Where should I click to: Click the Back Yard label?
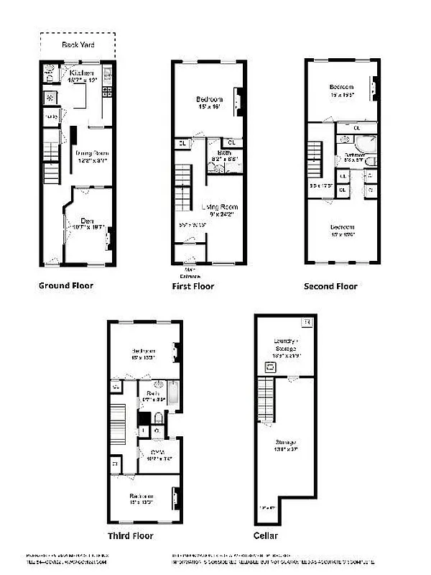click(x=78, y=44)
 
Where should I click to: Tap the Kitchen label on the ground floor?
click(x=79, y=73)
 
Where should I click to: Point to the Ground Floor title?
click(x=65, y=285)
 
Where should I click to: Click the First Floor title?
click(x=193, y=286)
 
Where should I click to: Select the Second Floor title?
click(x=330, y=286)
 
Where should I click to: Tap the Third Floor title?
click(x=130, y=535)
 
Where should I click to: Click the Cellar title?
click(x=266, y=535)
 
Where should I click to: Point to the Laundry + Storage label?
click(x=285, y=346)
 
